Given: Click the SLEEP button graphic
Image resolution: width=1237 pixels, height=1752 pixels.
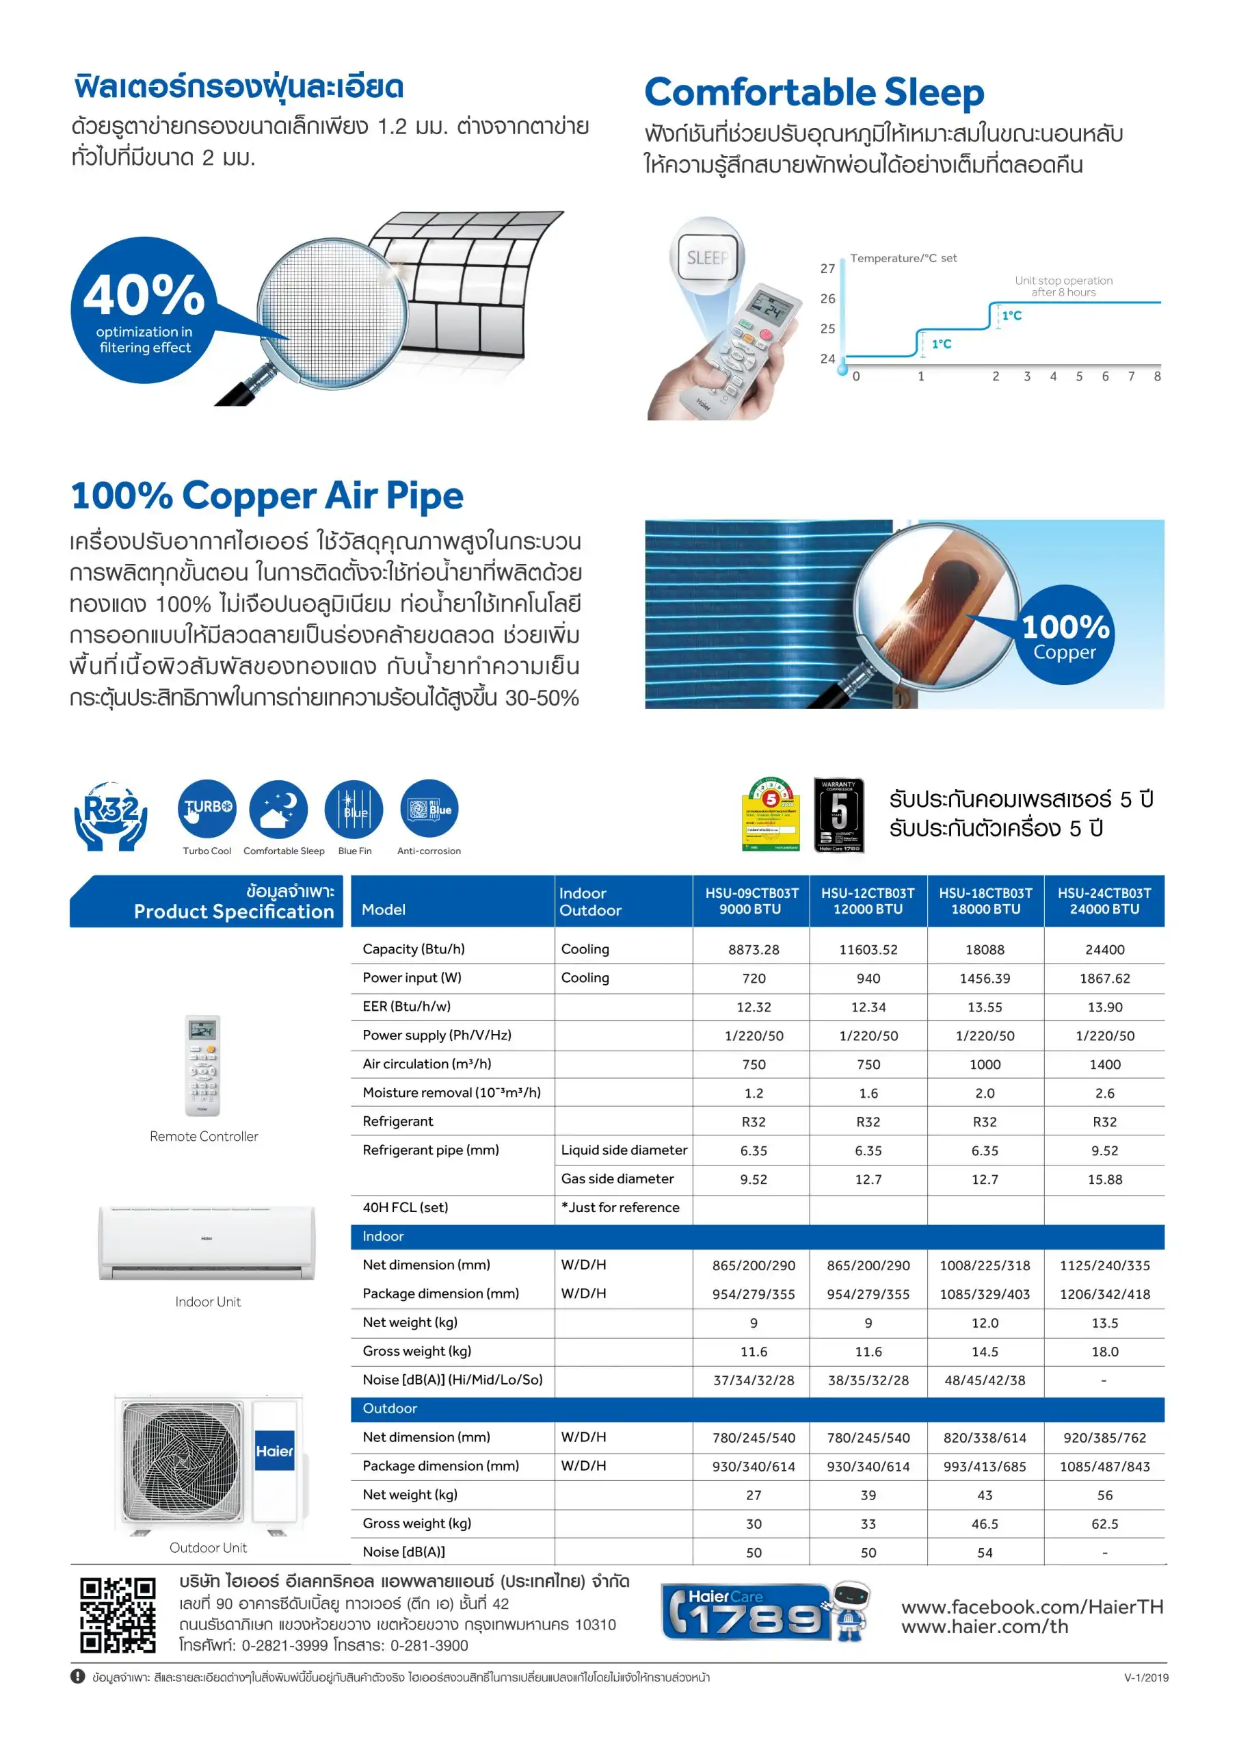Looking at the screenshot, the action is tap(709, 257).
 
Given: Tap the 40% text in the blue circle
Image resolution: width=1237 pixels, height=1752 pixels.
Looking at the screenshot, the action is tap(144, 295).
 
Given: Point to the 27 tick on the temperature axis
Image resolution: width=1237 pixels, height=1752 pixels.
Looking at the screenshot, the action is tap(827, 268).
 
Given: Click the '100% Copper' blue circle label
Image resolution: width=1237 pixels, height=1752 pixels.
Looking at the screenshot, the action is tap(1065, 636).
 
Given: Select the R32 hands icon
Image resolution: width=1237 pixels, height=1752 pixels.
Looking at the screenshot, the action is tap(111, 815).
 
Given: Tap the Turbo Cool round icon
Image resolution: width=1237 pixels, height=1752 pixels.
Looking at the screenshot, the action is tap(207, 809).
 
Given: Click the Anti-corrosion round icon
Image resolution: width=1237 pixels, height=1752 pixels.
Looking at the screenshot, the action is tap(429, 809).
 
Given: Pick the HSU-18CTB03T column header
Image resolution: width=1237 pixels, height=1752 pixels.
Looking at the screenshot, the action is tap(985, 901).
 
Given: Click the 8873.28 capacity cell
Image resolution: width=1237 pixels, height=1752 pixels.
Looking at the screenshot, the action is tap(754, 949).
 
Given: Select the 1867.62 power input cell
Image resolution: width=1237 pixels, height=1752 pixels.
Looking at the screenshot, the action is tap(1104, 978).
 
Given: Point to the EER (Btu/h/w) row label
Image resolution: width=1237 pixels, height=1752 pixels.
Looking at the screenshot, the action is tap(406, 1007).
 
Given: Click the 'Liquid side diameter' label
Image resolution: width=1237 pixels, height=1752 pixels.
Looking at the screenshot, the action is tap(624, 1150).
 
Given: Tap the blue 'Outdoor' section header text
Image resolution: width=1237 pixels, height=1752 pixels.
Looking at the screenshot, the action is tap(390, 1408).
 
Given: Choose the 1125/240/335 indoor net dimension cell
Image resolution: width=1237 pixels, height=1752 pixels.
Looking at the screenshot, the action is tap(1104, 1265).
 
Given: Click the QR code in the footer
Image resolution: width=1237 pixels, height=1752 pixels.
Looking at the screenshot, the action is tap(118, 1615).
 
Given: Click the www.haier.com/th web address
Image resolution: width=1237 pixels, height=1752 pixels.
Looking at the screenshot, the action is tap(985, 1627).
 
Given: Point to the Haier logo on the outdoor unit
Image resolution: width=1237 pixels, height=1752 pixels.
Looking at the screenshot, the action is tap(275, 1452).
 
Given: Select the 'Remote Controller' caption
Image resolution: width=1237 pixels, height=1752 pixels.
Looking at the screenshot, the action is tap(204, 1136).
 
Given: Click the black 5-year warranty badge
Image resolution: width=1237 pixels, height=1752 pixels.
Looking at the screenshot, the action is tap(839, 815).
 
